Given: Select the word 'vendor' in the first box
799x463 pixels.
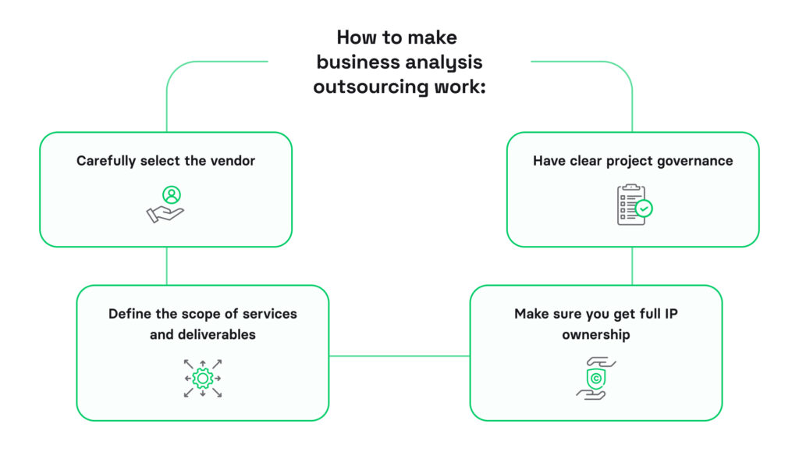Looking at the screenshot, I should click(233, 161).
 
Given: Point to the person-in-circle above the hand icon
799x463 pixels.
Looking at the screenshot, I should click(171, 194).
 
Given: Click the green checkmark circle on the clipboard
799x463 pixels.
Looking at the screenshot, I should click(644, 208).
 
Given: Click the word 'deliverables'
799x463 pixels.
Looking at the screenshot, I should click(215, 334).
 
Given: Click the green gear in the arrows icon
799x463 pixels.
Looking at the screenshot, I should click(203, 379).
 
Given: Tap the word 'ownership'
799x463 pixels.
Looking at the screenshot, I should click(596, 334).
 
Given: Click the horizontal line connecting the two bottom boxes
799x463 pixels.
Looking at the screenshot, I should click(399, 356).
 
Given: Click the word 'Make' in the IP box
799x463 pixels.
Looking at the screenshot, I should click(531, 314).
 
